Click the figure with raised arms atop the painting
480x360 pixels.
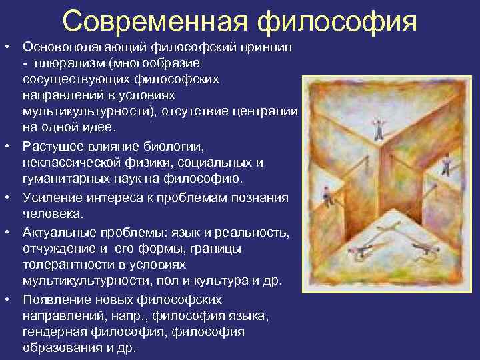point(379,128)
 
